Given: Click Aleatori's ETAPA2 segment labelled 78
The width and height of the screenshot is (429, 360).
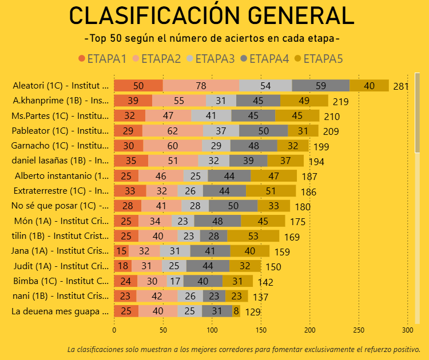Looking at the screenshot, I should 201,86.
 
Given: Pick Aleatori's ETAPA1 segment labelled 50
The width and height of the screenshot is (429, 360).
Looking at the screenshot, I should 138,86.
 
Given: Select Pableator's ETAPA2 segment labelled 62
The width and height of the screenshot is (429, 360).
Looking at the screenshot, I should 173,131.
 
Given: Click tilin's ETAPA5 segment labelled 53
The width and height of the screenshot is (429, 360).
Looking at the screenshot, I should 253,235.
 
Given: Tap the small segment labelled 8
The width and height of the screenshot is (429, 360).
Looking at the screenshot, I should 236,311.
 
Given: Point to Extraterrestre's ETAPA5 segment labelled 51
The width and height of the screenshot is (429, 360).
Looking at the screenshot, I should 271,191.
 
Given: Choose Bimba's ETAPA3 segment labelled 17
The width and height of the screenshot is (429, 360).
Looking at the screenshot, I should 174,281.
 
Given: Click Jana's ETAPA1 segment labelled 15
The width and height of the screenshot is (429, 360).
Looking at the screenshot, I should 121,251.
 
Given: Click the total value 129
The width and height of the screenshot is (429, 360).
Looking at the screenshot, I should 253,312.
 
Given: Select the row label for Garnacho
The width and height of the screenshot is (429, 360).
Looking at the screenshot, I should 59,146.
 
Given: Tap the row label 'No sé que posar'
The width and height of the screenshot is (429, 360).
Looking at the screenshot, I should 59,206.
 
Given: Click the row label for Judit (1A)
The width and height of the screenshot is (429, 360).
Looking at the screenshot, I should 59,266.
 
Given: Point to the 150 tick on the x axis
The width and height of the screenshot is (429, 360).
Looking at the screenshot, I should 261,330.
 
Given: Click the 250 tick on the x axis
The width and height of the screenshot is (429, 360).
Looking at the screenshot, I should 359,330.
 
